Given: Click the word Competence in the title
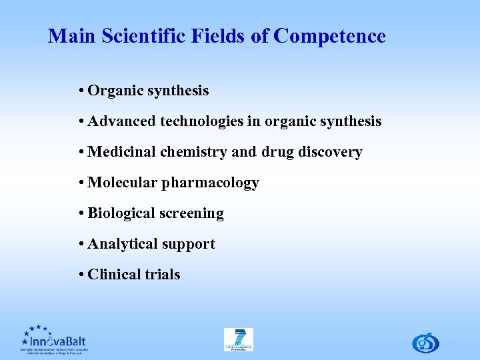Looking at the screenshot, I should [329, 36].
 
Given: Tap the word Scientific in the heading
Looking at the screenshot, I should [137, 36].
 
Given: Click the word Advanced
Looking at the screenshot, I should [123, 121].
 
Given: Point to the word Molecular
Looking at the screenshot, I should [122, 183].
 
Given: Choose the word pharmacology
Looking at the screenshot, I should [210, 183].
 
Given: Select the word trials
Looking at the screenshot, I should [163, 275].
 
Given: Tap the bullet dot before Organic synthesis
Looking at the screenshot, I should [80, 91].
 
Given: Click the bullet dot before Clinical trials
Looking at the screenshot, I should [80, 275].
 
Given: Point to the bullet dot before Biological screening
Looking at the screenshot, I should [80, 213].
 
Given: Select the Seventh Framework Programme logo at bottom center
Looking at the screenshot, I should [238, 339].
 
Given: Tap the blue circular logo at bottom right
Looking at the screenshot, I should [425, 342].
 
